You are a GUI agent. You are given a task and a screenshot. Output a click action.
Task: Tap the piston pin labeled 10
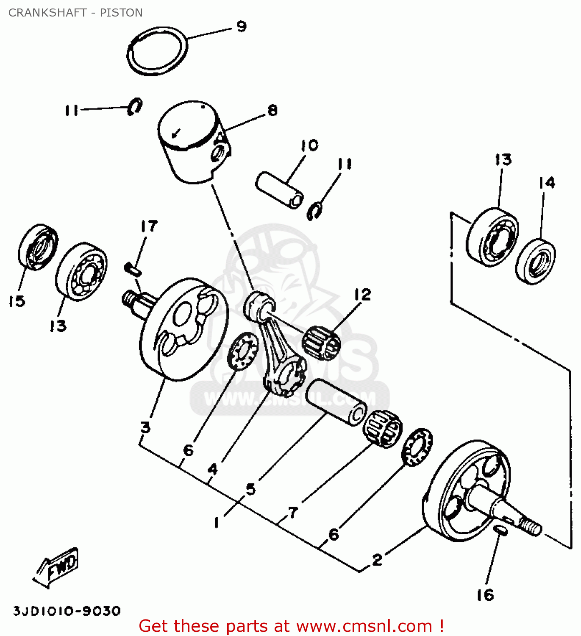tap(280, 190)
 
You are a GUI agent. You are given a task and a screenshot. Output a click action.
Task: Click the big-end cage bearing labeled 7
tap(382, 428)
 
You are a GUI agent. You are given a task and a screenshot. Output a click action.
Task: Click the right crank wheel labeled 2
tap(466, 492)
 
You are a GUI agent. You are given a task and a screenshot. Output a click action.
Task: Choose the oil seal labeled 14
tap(536, 261)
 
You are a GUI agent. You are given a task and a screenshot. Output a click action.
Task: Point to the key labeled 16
tap(501, 530)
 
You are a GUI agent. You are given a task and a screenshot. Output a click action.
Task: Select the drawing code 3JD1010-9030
tap(67, 611)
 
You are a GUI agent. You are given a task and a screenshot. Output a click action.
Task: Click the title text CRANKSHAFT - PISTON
tap(75, 13)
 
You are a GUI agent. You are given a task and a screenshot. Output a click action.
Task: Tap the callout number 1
tap(217, 523)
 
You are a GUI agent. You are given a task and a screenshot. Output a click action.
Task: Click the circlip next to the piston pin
tap(314, 211)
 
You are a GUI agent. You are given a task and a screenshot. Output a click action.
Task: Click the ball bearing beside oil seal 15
tap(81, 272)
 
